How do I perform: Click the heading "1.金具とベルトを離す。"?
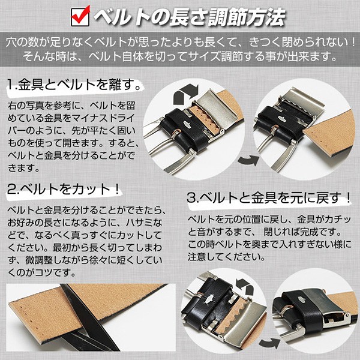click(x=75, y=84)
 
